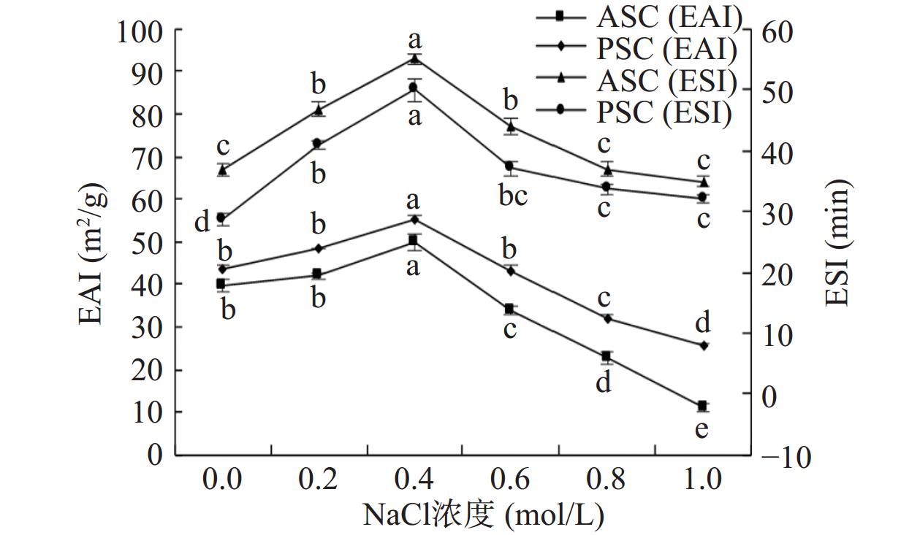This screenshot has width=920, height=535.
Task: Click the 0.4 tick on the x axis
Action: point(414,479)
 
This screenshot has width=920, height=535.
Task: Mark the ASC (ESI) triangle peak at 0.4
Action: point(414,59)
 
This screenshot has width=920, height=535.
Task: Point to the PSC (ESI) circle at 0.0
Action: point(221,218)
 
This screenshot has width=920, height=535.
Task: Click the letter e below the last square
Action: point(702,429)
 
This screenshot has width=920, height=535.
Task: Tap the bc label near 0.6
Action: point(512,196)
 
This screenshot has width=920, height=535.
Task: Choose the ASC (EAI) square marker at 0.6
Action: point(509,309)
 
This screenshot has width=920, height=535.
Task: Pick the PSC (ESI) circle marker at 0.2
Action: point(317,144)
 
